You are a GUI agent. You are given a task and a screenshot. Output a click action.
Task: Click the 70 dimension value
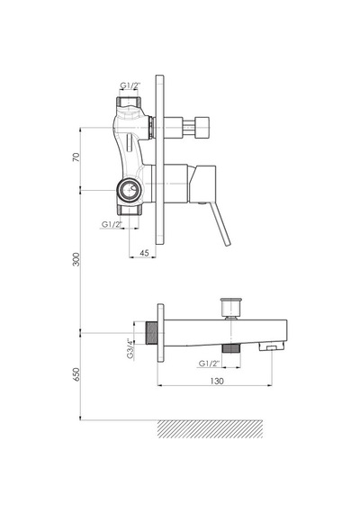[x=76, y=157]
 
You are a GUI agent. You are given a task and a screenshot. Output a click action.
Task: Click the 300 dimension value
[x=76, y=259]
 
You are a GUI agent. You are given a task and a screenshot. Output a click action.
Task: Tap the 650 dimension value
[x=76, y=374]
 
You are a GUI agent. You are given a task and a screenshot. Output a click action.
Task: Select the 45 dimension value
[x=144, y=253]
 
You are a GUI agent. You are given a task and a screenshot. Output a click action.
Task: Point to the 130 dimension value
[x=217, y=381]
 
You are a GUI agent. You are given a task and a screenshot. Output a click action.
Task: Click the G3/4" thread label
[x=130, y=349]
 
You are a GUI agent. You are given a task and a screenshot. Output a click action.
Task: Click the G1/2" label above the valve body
[x=130, y=85]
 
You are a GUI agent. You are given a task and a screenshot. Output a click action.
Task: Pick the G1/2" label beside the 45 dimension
[x=112, y=224]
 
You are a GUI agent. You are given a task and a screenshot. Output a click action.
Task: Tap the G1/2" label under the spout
[x=210, y=364]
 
